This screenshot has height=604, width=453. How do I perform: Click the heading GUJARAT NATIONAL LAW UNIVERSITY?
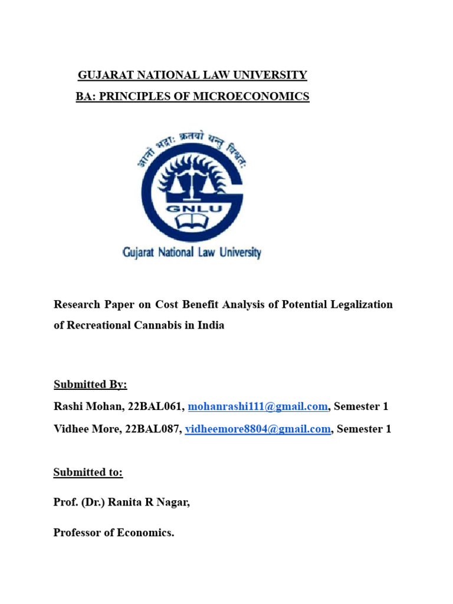[x=192, y=75]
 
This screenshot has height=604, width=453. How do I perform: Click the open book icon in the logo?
[x=191, y=223]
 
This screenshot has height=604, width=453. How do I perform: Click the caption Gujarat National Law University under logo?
[x=191, y=252]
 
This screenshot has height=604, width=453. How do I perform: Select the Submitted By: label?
[x=90, y=385]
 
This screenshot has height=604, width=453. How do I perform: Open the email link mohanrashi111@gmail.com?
[x=258, y=406]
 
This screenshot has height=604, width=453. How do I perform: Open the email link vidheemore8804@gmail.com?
[x=258, y=429]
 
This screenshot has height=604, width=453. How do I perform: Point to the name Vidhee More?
[x=87, y=429]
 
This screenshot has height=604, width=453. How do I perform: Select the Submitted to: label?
[x=88, y=472]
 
